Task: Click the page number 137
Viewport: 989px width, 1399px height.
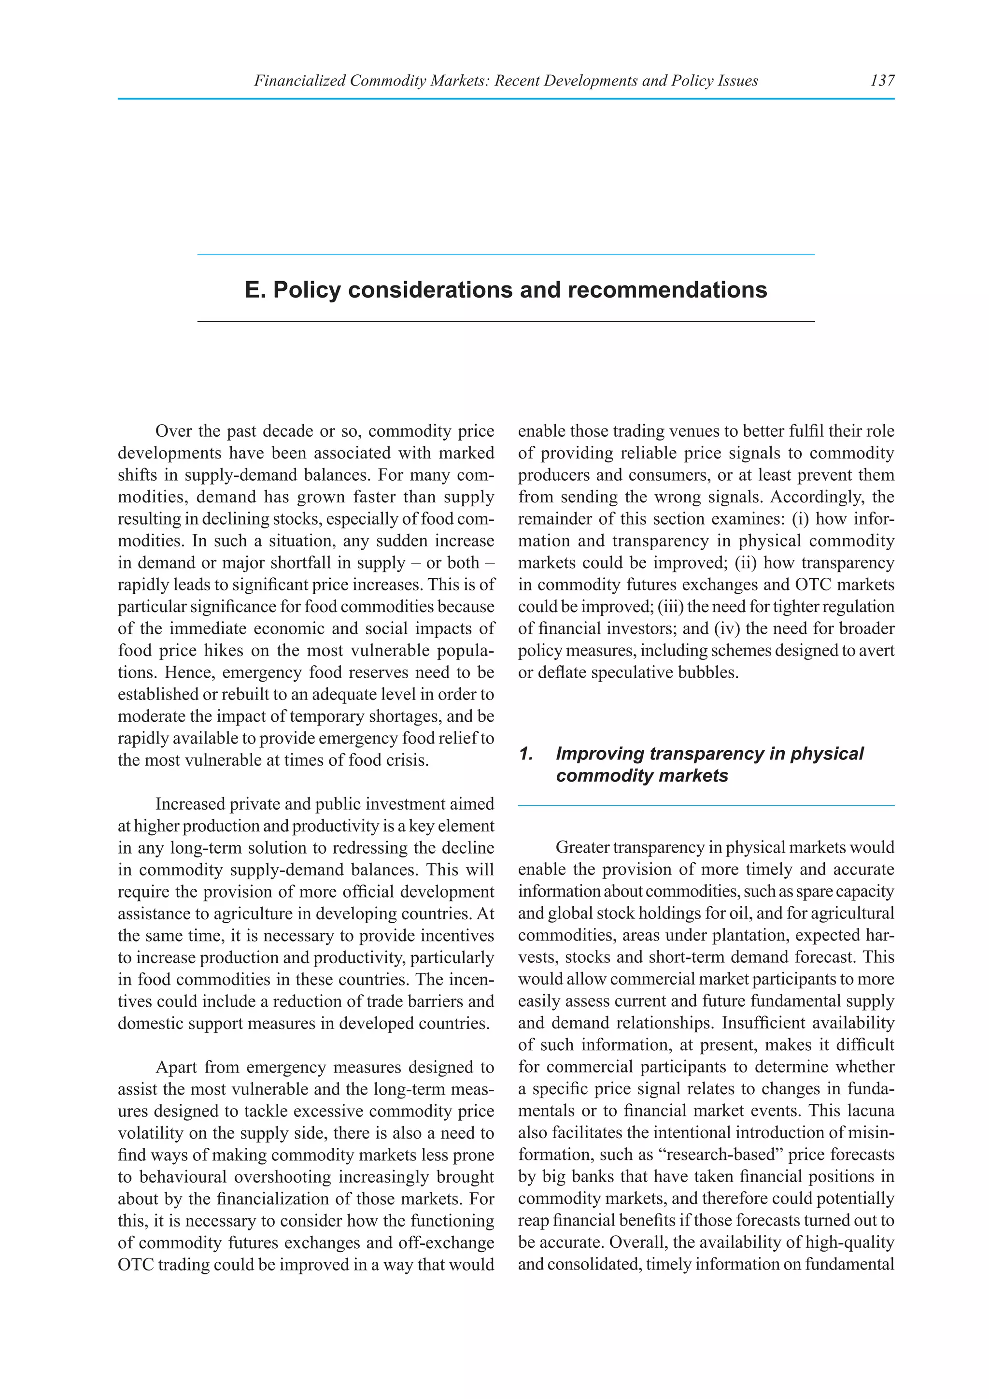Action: tap(882, 80)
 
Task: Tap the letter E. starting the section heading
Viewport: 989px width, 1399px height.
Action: tap(255, 290)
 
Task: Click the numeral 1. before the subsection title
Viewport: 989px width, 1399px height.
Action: tap(526, 754)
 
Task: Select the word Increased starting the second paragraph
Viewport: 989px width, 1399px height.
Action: tap(191, 804)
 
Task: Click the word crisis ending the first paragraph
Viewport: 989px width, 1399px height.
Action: tap(411, 760)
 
